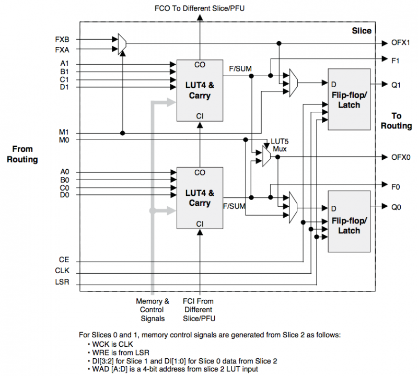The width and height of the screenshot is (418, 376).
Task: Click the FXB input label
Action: pyautogui.click(x=62, y=40)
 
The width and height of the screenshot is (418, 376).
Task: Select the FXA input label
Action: pyautogui.click(x=62, y=50)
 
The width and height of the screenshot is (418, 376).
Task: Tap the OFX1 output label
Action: pyautogui.click(x=400, y=43)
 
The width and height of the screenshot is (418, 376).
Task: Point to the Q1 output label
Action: pyautogui.click(x=396, y=85)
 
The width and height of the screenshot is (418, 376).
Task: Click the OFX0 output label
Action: pyautogui.click(x=401, y=157)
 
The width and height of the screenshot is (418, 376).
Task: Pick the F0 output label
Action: pyautogui.click(x=396, y=187)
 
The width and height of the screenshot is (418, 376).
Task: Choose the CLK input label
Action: pyautogui.click(x=62, y=271)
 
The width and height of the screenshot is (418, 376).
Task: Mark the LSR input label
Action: pyautogui.click(x=62, y=282)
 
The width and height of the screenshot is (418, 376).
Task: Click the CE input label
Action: pyautogui.click(x=64, y=260)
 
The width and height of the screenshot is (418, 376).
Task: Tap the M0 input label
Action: pyautogui.click(x=64, y=140)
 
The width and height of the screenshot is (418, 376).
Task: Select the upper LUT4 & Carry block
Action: pyautogui.click(x=200, y=90)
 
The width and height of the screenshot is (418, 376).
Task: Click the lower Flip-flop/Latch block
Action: pyautogui.click(x=349, y=221)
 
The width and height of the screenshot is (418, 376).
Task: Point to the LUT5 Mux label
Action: pyautogui.click(x=280, y=145)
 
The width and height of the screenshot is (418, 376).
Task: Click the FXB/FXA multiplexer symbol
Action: pyautogui.click(x=122, y=44)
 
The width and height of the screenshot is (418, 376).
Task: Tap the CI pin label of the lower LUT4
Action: pyautogui.click(x=200, y=224)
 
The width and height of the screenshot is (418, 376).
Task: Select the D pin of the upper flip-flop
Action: pyautogui.click(x=333, y=85)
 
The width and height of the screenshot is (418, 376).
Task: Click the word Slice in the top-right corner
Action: pyautogui.click(x=362, y=31)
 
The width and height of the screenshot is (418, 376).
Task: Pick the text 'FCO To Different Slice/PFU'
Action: pyautogui.click(x=200, y=8)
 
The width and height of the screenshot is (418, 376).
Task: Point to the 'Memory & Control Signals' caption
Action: pyautogui.click(x=153, y=310)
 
